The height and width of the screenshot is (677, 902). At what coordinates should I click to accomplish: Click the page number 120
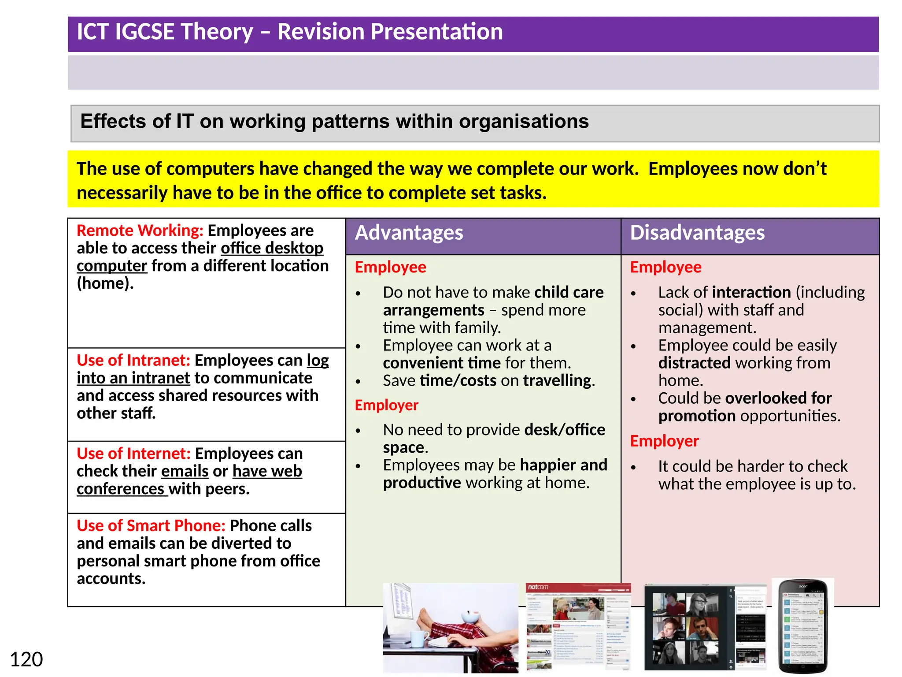(26, 659)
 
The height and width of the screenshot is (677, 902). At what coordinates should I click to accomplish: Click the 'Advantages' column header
(409, 233)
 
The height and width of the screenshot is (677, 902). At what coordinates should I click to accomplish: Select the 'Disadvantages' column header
(697, 233)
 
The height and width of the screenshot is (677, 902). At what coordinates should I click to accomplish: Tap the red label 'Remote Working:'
(140, 231)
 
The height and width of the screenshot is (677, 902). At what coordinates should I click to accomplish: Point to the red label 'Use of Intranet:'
(133, 361)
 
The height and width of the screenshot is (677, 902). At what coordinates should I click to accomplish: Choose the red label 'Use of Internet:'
(133, 454)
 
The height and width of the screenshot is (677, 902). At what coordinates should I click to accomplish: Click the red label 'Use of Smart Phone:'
(151, 525)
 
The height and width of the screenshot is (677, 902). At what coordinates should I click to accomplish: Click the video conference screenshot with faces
(705, 628)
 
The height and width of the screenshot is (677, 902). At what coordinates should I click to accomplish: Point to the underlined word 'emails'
(185, 471)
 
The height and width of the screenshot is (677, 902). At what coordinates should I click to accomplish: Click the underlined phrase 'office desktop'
(272, 248)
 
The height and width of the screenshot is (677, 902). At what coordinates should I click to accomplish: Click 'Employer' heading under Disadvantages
(664, 441)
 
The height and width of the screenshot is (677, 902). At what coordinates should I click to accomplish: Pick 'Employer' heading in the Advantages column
(386, 405)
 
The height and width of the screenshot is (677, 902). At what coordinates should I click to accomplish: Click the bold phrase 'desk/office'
(565, 430)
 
